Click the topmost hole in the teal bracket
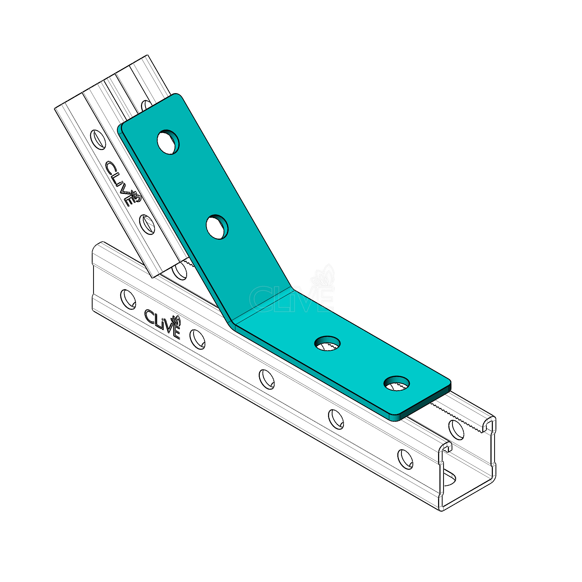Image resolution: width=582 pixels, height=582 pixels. (169, 142)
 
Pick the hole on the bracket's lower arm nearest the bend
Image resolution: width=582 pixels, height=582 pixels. (327, 343)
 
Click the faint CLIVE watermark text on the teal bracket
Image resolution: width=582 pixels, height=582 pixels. (292, 299)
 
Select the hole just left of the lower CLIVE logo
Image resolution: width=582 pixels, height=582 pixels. (128, 298)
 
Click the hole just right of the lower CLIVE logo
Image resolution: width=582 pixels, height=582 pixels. (197, 339)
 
